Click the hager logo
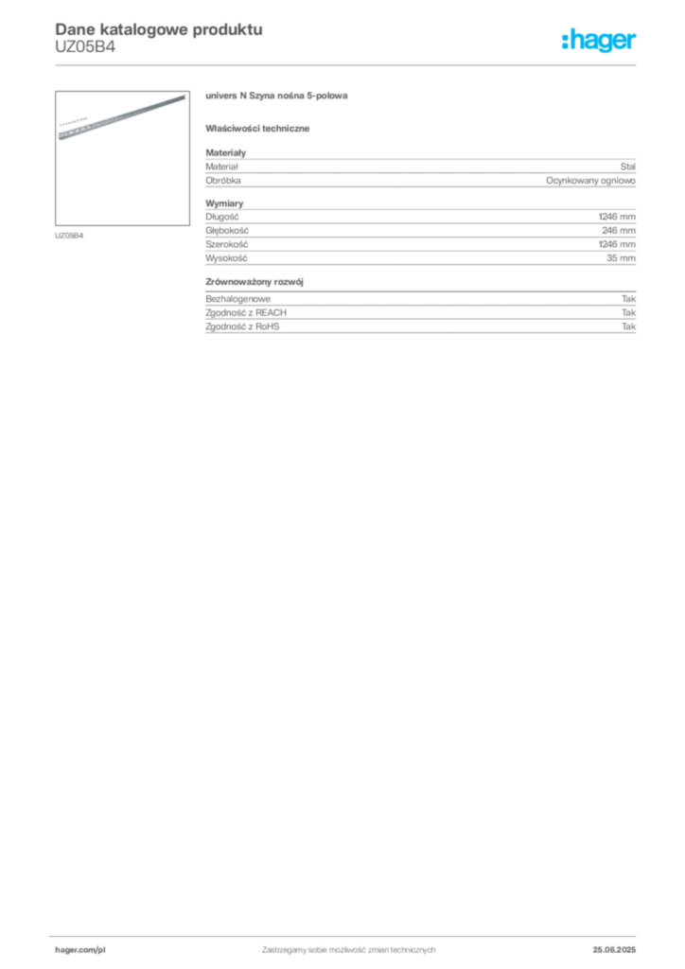[599, 41]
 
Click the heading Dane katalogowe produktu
[159, 29]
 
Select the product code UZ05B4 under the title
[85, 47]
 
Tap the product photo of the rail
[122, 158]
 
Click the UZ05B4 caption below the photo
[69, 236]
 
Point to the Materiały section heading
[225, 152]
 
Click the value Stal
[627, 167]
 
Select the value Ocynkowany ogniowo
[590, 181]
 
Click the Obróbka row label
[223, 181]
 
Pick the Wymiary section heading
[224, 203]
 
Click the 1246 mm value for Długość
[617, 217]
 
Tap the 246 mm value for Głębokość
[619, 230]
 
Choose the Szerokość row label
[227, 244]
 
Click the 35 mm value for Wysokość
[621, 257]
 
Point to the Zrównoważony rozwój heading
[255, 282]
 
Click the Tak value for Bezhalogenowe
[629, 298]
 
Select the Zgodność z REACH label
[246, 312]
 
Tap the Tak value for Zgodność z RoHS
[629, 326]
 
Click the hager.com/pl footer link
[80, 950]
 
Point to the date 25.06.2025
[614, 950]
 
